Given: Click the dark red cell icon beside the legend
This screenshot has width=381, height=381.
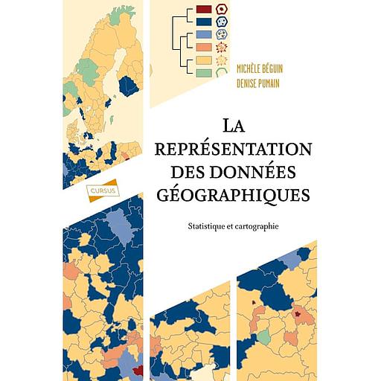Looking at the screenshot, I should [222, 10].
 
